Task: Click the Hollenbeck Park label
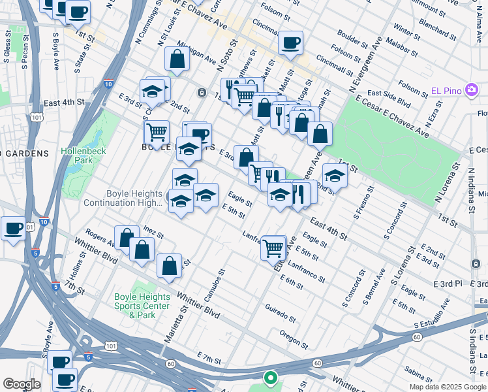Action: (78, 155)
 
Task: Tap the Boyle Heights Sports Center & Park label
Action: (142, 305)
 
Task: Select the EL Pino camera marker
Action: (472, 90)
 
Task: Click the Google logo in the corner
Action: (22, 384)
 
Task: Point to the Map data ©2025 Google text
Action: (447, 387)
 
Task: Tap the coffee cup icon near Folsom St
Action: (290, 43)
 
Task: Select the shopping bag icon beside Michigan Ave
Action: (177, 59)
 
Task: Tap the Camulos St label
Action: (214, 284)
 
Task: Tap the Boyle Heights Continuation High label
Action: (123, 198)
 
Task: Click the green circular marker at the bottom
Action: (269, 378)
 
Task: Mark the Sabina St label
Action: (417, 373)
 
